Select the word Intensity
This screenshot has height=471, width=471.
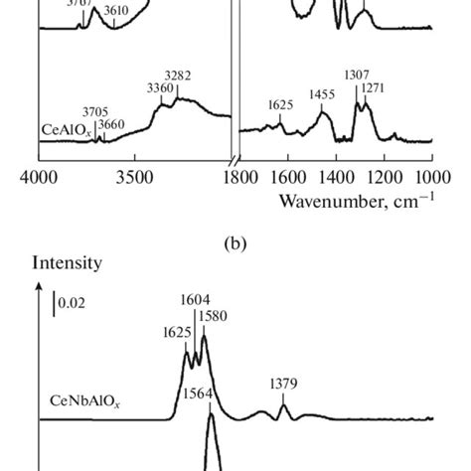(x=69, y=264)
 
